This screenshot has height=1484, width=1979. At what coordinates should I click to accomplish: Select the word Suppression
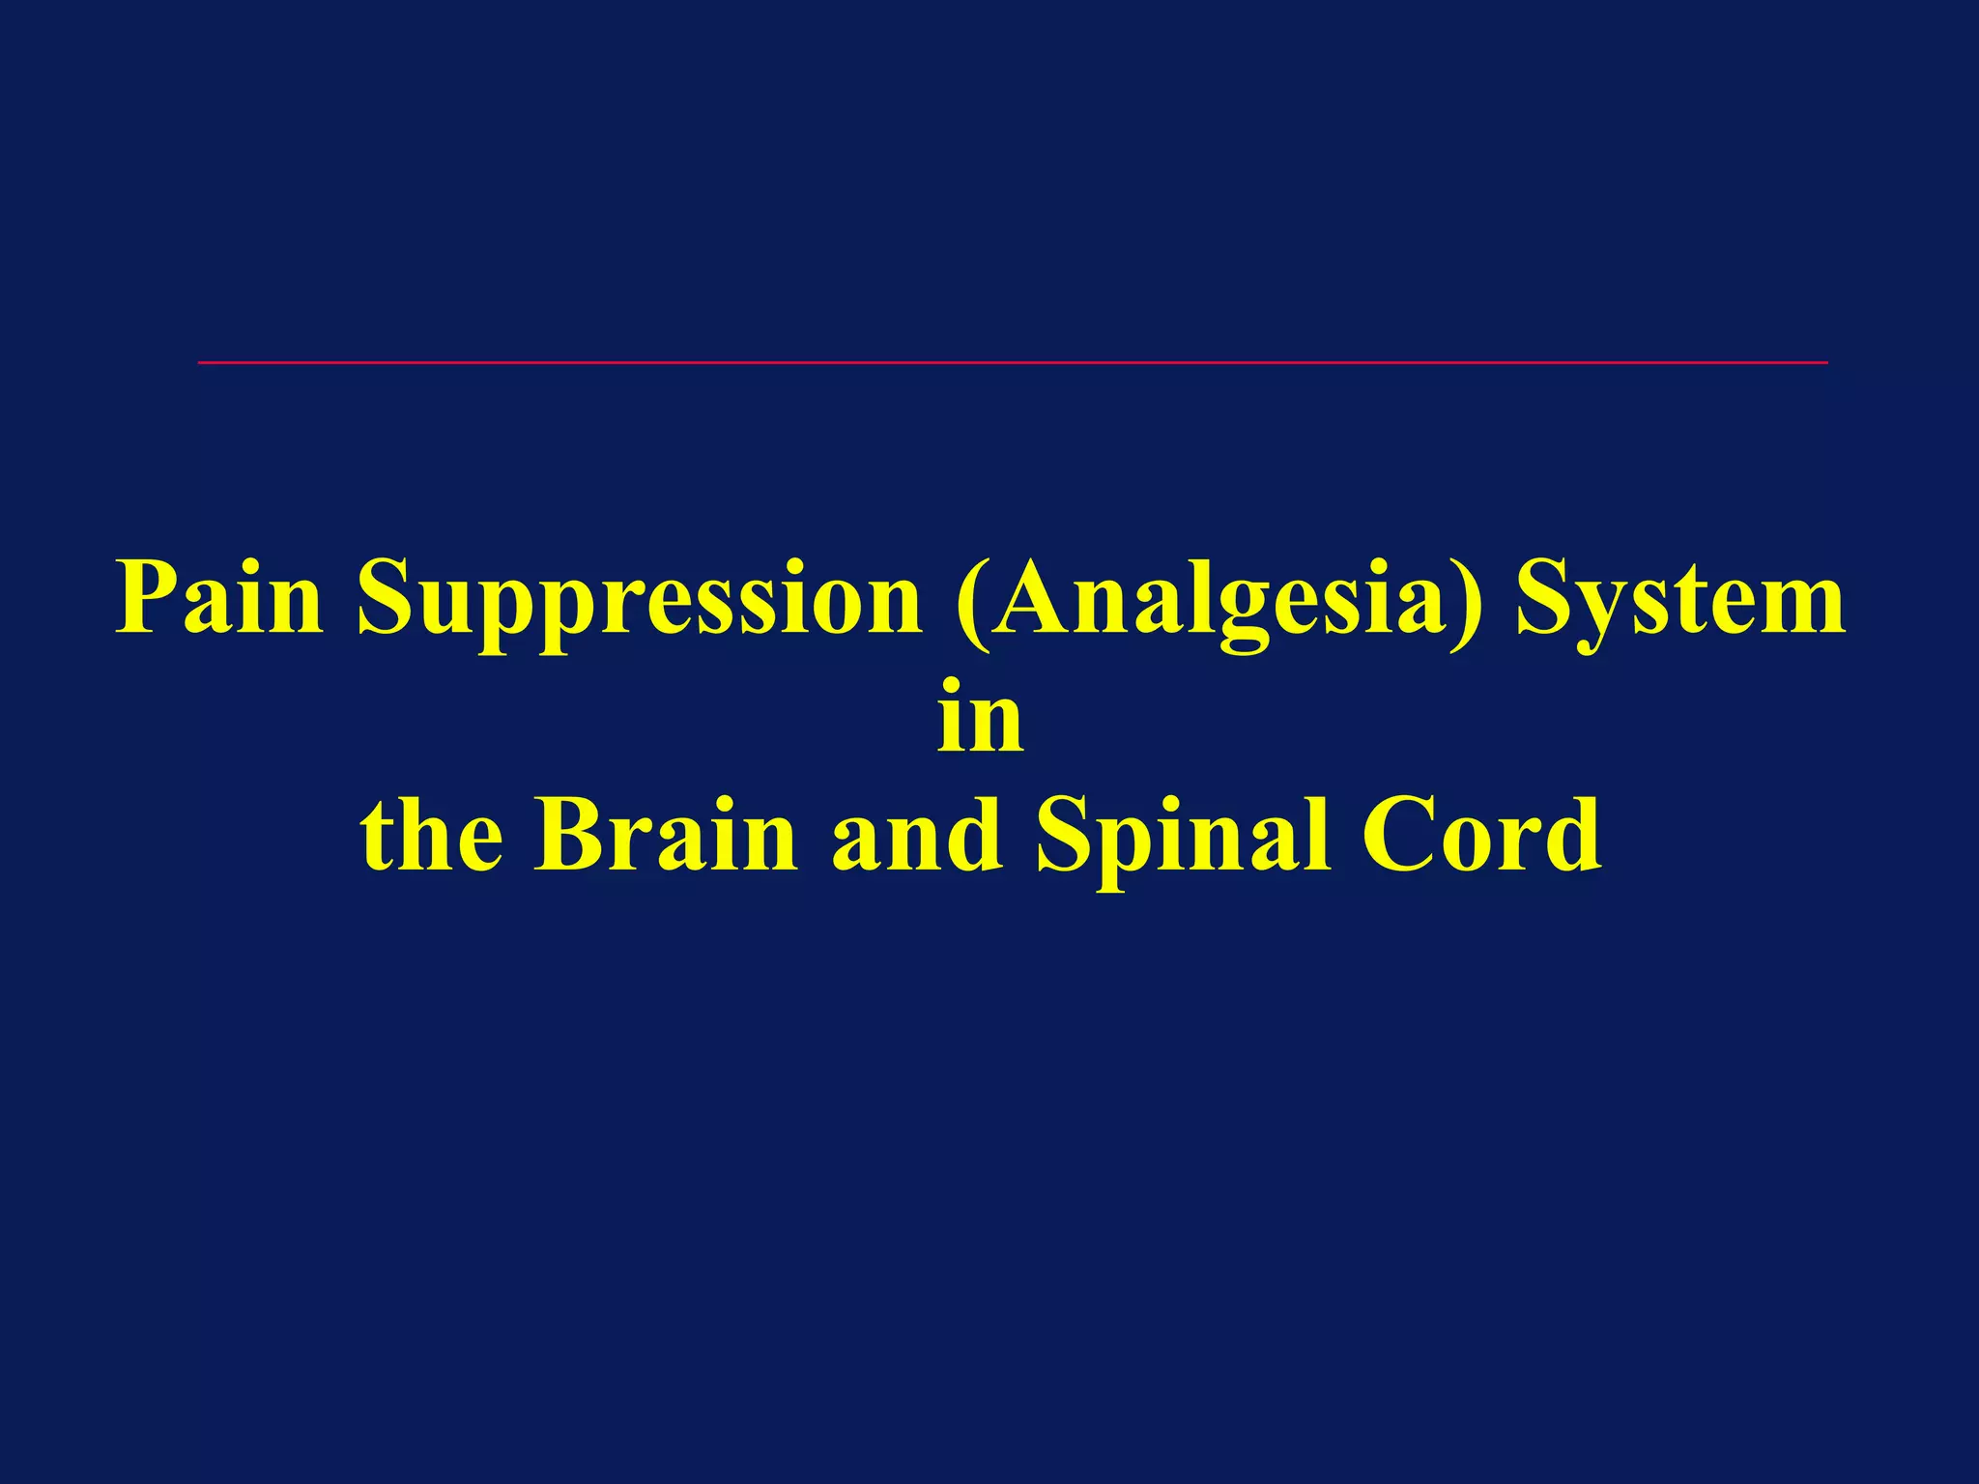pos(639,601)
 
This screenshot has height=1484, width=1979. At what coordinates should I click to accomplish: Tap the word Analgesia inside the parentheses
pos(1219,601)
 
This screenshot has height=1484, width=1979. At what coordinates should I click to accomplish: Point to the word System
pos(1680,601)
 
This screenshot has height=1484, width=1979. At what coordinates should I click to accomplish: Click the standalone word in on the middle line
pos(980,719)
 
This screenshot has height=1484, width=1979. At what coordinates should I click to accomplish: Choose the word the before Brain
pos(432,836)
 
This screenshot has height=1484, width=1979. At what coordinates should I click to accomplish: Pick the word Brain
pos(666,836)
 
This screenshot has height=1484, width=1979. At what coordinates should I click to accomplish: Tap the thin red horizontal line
pos(1013,362)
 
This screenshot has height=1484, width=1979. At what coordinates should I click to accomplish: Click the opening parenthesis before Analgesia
pos(969,603)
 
